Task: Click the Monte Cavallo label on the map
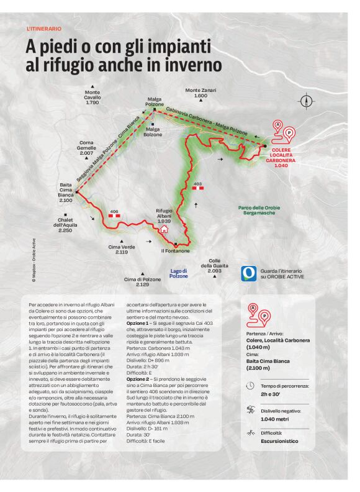pos(92,97)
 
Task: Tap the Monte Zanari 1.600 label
pos(200,93)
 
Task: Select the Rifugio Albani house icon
pos(164,229)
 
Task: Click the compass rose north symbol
pos(306,101)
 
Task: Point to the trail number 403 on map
pos(198,184)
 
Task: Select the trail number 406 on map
pos(114,211)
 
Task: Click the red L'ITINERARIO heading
pos(44,29)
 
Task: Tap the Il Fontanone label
pos(176,251)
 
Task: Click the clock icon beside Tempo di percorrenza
pos(250,385)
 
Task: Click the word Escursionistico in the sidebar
pos(280,441)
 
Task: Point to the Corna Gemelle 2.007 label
pos(86,148)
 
